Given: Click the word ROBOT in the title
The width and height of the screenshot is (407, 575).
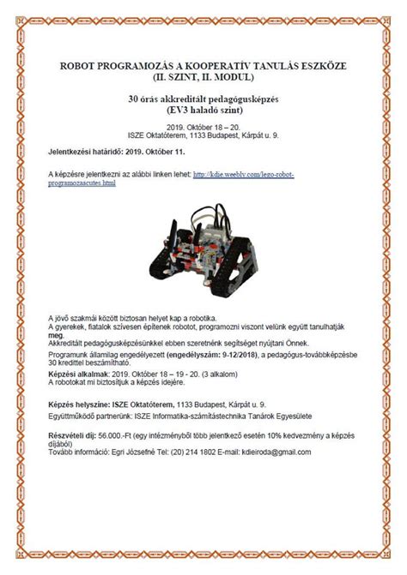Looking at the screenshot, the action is tap(79, 65).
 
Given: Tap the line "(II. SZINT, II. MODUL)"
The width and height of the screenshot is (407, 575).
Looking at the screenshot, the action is tap(203, 77).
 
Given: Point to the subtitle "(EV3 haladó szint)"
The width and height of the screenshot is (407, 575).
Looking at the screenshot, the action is tap(203, 110).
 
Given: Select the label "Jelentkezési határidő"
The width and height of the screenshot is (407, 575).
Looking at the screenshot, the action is tap(86, 150).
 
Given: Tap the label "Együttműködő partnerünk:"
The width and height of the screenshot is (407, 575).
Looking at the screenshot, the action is tap(90, 416).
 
